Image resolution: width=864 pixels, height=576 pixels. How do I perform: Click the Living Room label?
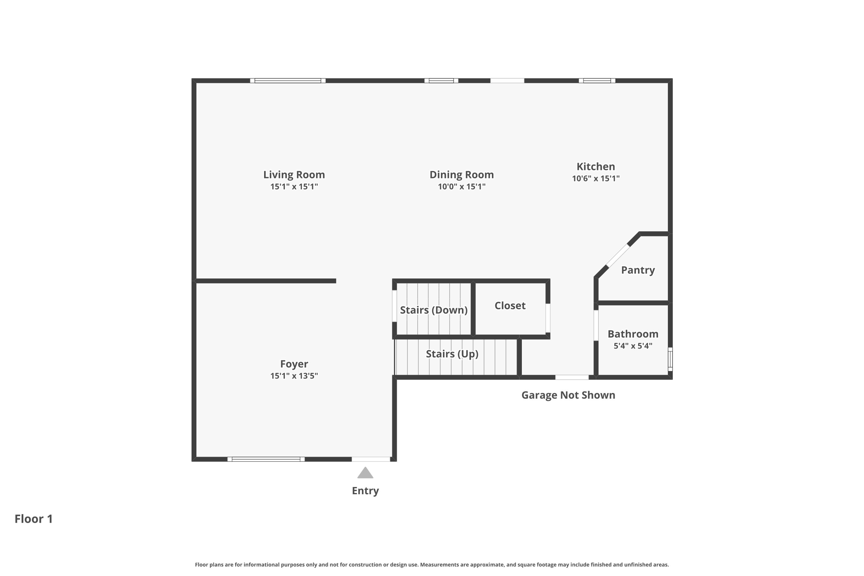coord(294,174)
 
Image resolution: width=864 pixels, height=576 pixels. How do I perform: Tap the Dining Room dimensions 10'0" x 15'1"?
coord(462,187)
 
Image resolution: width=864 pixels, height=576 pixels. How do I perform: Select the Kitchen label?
coord(596,166)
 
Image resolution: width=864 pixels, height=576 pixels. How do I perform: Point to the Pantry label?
coord(638,270)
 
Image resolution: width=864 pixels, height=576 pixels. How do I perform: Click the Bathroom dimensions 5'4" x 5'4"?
coord(633,346)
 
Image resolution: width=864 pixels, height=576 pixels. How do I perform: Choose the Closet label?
coord(510,306)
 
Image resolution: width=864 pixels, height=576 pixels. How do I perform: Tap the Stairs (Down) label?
coord(434,310)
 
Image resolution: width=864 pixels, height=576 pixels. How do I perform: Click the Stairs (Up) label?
coord(452,354)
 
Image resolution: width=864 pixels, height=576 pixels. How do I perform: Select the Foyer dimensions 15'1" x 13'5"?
coord(294,376)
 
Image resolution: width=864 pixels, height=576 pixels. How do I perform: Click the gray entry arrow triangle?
coord(365,473)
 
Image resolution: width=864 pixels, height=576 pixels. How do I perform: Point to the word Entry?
coord(365,491)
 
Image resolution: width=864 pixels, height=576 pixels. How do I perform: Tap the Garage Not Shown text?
coord(568,395)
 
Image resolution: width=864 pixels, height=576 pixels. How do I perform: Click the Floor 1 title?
coord(34,519)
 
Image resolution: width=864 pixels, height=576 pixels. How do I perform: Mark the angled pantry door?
coord(618,256)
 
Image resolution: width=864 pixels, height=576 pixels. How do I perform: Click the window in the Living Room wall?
coord(288,81)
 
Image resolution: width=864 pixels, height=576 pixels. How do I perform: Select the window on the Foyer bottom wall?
coord(266,459)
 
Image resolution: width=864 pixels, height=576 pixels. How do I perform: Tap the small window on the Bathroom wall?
coord(670,359)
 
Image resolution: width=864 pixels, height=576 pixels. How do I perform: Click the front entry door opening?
coord(371,459)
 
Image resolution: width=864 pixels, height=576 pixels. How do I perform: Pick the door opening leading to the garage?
coord(572,377)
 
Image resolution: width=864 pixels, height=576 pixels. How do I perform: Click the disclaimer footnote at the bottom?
coord(432,565)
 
